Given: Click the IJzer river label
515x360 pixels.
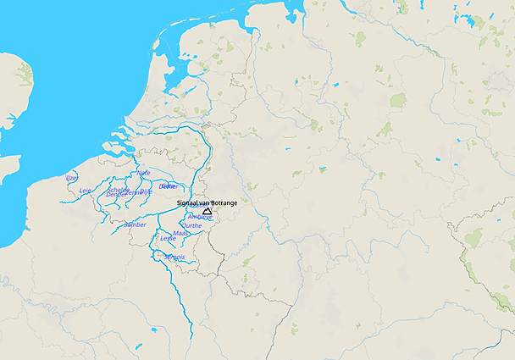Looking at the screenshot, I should coord(71,178).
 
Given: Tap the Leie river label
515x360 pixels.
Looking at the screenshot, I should coord(85,191).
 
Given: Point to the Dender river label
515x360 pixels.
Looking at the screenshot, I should coord(117,195).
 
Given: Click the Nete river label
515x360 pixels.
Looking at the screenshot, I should coord(143,173).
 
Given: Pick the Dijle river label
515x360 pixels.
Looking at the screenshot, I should coord(147,191).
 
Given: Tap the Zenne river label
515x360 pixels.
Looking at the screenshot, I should coord(132,192).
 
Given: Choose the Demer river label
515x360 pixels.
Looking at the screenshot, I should coord(169,186).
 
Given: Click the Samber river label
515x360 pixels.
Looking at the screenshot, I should coord(135,224).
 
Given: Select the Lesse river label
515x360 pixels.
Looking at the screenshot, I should coord(168,238).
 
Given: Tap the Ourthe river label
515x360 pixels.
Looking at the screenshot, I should coord(192,225).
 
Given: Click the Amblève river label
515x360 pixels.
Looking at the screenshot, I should coord(200,217).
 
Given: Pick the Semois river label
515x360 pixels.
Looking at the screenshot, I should coord(174,257).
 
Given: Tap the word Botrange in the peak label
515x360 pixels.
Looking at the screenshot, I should coord(222,203).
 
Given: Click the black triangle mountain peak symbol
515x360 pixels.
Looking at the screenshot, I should coord(207,211).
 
